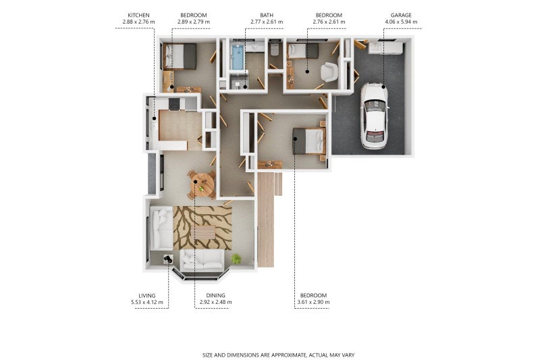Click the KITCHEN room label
click(138, 15)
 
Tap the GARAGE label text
click(401, 15)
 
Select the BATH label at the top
click(267, 15)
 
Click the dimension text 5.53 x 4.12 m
click(147, 302)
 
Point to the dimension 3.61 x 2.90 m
click(313, 302)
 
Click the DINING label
click(215, 296)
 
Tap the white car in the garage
click(375, 115)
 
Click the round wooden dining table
click(202, 185)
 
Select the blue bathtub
click(238, 57)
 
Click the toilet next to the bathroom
click(275, 49)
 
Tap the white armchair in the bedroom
click(329, 72)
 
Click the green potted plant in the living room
click(236, 259)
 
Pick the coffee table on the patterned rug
click(205, 232)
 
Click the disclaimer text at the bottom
click(278, 355)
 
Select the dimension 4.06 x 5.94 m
click(401, 22)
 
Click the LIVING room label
click(147, 296)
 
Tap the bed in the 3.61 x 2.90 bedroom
click(309, 141)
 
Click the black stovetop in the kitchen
click(174, 104)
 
